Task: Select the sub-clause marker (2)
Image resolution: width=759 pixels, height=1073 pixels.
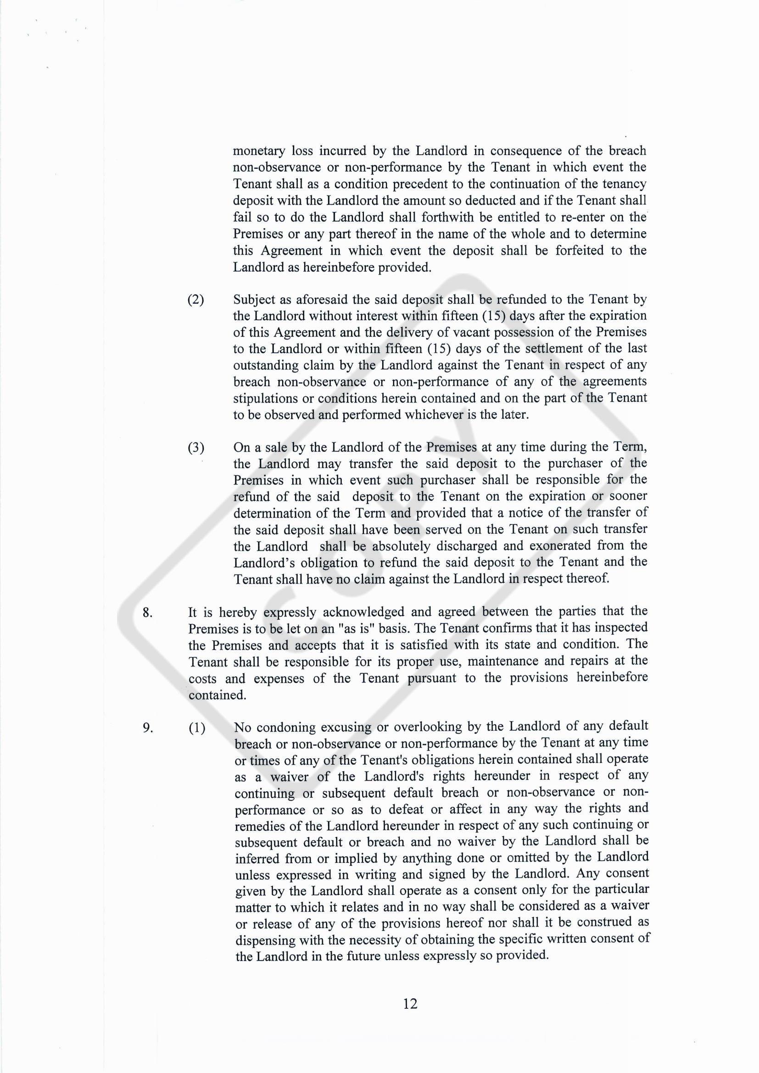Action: pyautogui.click(x=196, y=300)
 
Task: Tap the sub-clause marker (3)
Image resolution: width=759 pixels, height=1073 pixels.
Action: pyautogui.click(x=196, y=448)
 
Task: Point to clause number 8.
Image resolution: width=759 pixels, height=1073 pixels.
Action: pyautogui.click(x=148, y=613)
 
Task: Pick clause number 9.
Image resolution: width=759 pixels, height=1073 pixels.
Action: pyautogui.click(x=148, y=728)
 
